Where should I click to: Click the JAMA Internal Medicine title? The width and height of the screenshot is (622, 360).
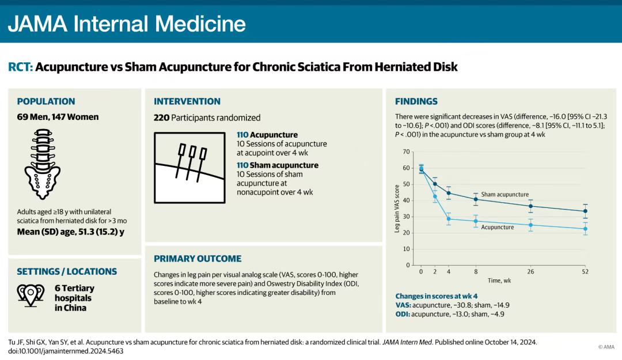pos(127,24)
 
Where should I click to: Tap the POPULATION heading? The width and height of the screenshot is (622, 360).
pos(46,101)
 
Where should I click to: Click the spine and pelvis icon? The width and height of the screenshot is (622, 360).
pos(43,164)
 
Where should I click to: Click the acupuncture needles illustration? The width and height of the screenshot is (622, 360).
pos(189,168)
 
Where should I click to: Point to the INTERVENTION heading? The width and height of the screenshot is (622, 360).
pos(187,101)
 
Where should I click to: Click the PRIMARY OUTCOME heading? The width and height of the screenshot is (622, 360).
pos(198,259)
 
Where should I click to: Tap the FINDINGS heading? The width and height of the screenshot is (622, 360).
pos(416,101)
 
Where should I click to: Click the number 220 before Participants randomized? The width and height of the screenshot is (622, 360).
pos(161,118)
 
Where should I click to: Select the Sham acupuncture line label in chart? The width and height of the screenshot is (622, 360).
pos(505,195)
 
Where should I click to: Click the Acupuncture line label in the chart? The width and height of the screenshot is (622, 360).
pos(498,227)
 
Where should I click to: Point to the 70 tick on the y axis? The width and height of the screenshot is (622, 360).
pos(406,151)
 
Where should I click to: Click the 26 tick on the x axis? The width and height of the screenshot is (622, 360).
pos(530,272)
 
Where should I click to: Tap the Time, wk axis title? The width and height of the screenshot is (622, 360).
pos(499,281)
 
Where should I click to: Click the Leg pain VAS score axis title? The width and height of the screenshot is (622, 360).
pos(397,209)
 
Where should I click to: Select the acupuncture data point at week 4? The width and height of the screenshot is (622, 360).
pos(449,219)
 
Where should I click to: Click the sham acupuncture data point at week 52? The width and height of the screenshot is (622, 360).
pos(585,211)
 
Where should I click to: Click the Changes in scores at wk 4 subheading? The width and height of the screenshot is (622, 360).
pos(437,296)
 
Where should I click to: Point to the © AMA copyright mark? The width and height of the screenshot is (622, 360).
pos(606,347)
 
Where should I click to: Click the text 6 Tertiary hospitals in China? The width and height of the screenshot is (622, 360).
pos(74,298)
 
